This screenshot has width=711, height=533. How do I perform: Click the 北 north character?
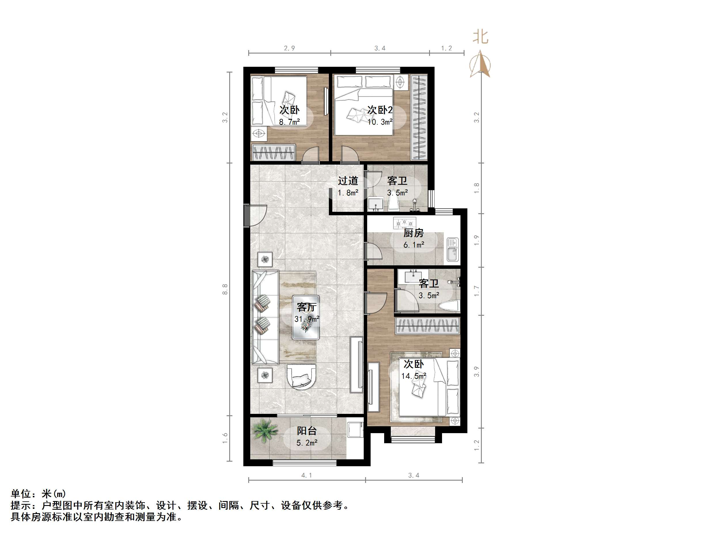[x=481, y=37]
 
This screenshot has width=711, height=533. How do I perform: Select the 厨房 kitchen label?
[x=414, y=233]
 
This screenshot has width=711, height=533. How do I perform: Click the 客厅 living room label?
[x=307, y=307]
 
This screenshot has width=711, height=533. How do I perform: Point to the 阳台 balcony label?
[x=307, y=431]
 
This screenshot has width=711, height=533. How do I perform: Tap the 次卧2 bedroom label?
[x=380, y=110]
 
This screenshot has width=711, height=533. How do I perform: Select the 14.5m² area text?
[x=414, y=376]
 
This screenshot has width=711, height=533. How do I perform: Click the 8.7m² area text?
[x=289, y=122]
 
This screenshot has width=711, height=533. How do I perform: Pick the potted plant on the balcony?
[x=265, y=431]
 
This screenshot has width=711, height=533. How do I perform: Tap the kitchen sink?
[x=453, y=250]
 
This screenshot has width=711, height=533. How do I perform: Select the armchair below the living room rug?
[x=302, y=376]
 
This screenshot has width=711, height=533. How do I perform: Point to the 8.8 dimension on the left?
[x=225, y=289]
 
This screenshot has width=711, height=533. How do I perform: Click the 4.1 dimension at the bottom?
[x=307, y=475]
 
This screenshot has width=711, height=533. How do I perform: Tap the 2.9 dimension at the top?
[x=289, y=48]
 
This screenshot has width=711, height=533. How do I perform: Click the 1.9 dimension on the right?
[x=477, y=240]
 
